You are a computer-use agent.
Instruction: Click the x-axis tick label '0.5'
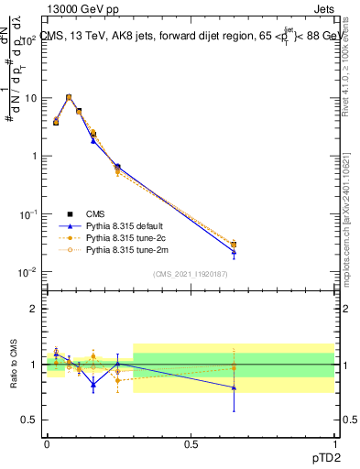pyautogui.click(x=191, y=443)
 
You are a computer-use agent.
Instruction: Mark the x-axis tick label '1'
pyautogui.click(x=334, y=443)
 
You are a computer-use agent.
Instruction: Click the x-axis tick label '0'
pyautogui.click(x=47, y=443)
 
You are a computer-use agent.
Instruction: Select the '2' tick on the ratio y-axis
pyautogui.click(x=34, y=309)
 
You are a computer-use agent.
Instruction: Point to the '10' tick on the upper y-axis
pyautogui.click(x=29, y=97)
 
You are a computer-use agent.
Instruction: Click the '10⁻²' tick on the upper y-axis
pyautogui.click(x=27, y=272)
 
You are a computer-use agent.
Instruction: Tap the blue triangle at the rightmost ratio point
pyautogui.click(x=234, y=387)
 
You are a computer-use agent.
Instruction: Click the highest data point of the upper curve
pyautogui.click(x=69, y=97)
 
